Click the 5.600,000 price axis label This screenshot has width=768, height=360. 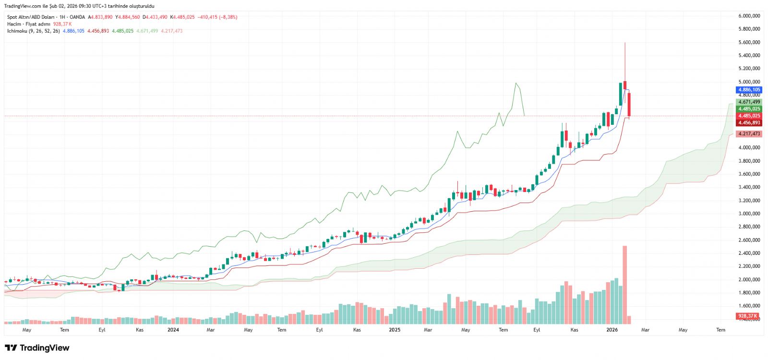coord(749,42)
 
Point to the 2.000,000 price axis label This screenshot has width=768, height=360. coord(749,279)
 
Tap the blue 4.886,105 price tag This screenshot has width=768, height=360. coord(749,90)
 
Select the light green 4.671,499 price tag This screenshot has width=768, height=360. coord(749,102)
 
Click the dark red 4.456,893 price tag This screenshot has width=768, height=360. coord(749,123)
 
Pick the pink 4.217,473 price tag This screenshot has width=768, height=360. coord(749,134)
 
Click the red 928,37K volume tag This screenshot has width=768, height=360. coord(748,316)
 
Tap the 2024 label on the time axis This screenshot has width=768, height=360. coord(173,330)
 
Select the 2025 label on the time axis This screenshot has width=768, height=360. coord(395,330)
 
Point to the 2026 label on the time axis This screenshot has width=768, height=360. coord(612,330)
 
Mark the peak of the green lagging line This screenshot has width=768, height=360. coord(516,84)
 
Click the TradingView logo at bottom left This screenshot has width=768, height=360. coord(37,348)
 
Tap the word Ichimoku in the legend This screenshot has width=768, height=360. coord(17,31)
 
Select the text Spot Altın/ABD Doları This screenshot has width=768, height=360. coord(30,17)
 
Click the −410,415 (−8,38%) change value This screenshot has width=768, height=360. coord(217,17)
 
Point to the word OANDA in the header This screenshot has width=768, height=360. coord(77,17)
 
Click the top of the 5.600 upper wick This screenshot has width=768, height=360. coord(624,43)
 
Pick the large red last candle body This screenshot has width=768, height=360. coord(629,104)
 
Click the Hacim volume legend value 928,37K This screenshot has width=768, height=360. coord(62,24)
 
